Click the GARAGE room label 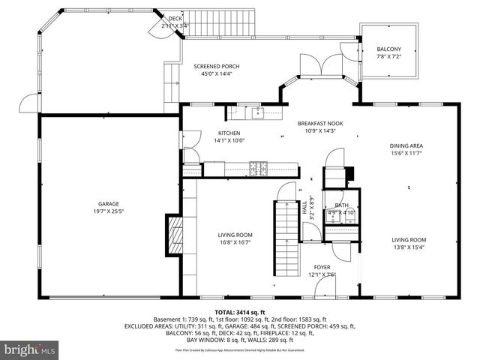pos(109,204)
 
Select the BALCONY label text pos(388,49)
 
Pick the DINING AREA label pos(406,146)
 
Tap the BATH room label pos(342,205)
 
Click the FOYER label pos(321,267)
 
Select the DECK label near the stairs pos(175,18)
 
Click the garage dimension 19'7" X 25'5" pos(109,211)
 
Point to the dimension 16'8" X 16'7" pos(234,242)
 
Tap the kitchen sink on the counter pos(259,112)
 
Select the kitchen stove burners pos(259,167)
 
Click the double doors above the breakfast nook pos(313,66)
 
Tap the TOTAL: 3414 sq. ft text pos(240,312)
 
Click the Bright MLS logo pos(30,349)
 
